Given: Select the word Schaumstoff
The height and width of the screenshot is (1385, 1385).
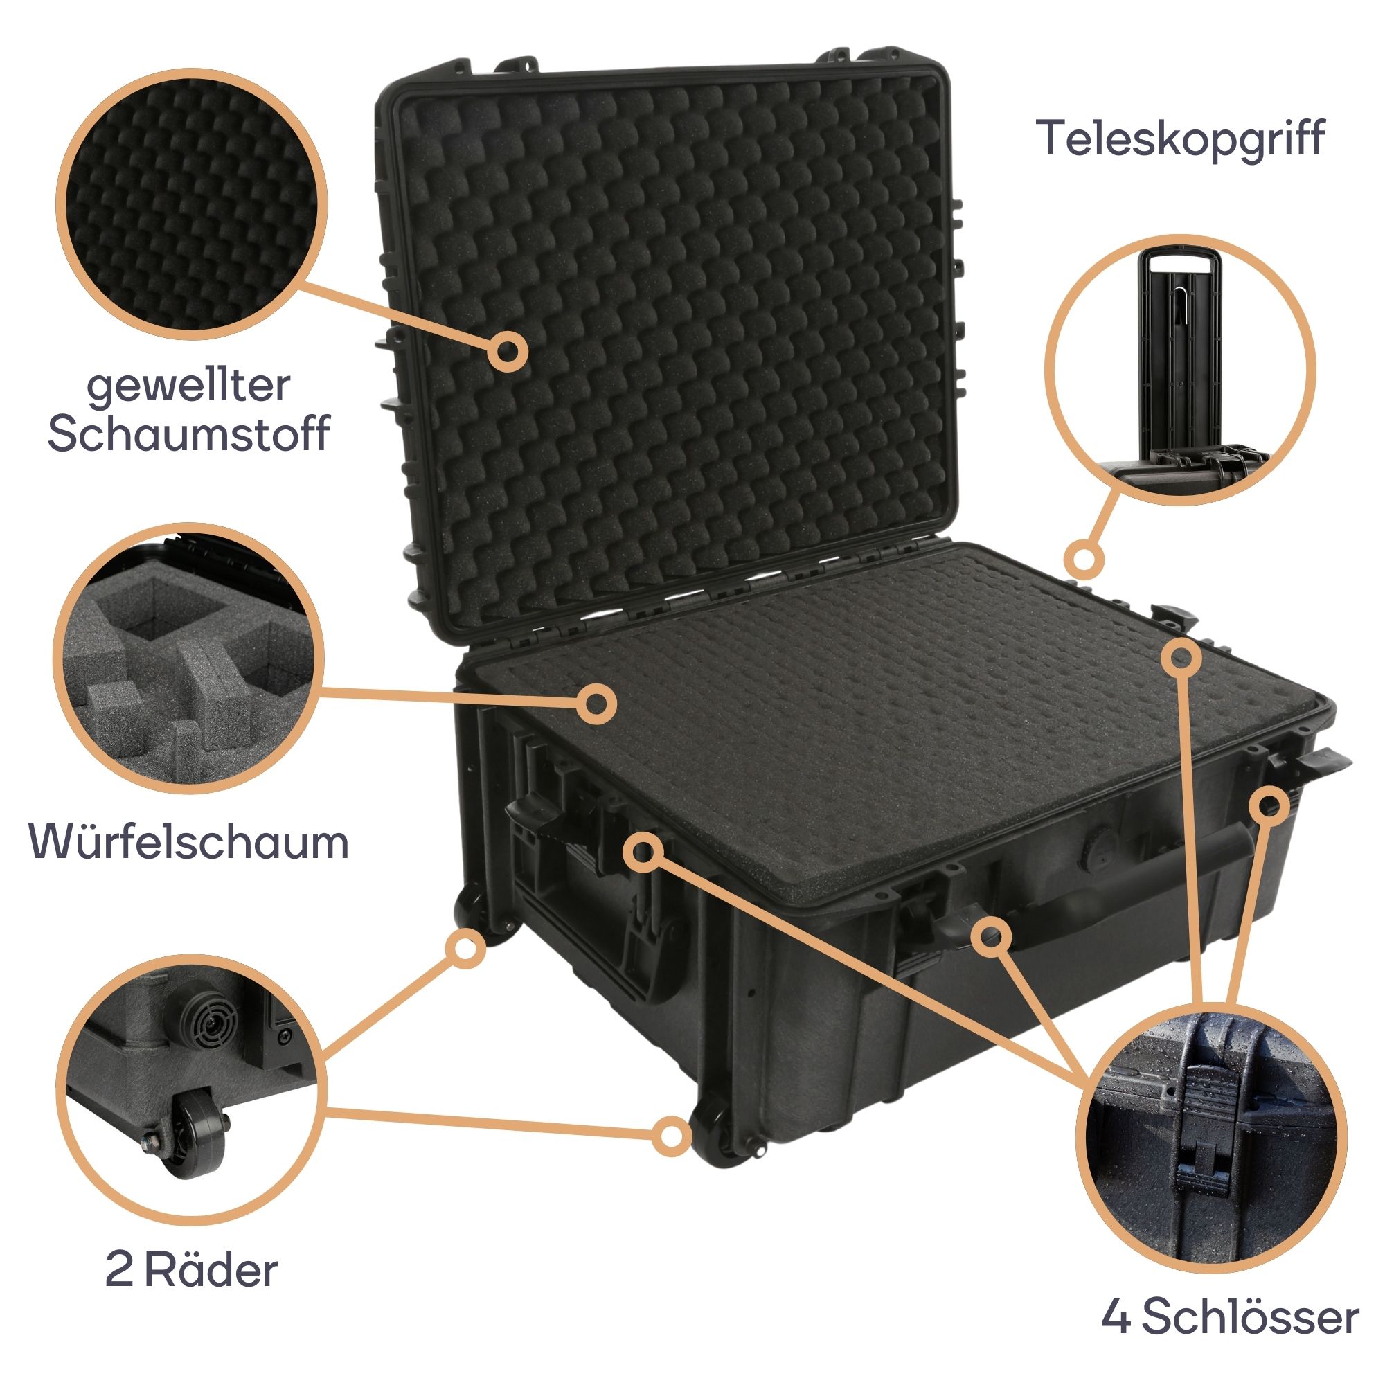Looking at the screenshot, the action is [188, 433].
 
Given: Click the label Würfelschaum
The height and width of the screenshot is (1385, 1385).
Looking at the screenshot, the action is [188, 841].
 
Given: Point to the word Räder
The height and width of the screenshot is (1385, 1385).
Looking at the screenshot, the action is [210, 1251].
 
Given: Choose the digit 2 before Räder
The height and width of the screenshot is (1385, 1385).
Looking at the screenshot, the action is [119, 1251].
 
